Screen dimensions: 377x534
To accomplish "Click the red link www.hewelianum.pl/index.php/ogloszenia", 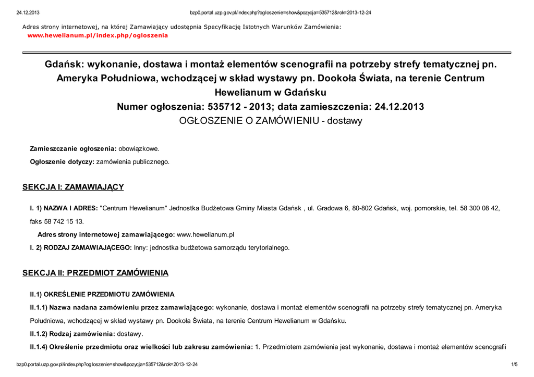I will [98, 35].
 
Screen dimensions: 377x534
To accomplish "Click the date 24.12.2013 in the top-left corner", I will [28, 13].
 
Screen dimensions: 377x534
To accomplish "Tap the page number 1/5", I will [514, 365].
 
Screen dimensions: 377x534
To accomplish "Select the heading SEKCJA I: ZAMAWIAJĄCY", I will [73, 187].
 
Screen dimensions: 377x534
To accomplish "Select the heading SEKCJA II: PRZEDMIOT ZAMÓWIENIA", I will [95, 273].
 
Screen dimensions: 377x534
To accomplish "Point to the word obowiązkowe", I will [139, 148].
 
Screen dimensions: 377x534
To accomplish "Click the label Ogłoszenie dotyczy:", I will [62, 162].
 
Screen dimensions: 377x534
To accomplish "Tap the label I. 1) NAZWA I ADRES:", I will [64, 208].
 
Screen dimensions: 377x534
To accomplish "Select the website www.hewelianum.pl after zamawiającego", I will [205, 235].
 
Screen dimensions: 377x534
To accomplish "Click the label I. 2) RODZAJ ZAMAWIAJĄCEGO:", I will [81, 248].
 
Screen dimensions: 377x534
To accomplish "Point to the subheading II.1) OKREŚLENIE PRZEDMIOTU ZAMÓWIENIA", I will [102, 294].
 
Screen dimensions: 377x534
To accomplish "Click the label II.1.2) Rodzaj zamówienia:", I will [72, 333].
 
